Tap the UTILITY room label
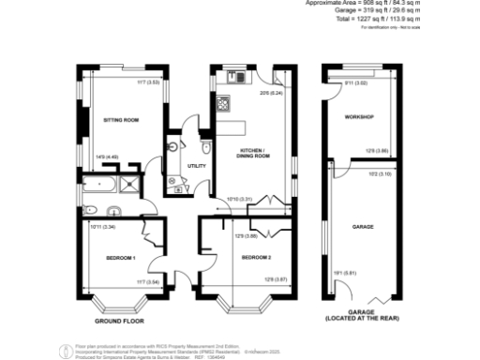pyautogui.click(x=198, y=165)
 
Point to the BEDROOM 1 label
pyautogui.click(x=121, y=257)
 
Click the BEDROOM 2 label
pyautogui.click(x=255, y=257)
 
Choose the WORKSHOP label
pyautogui.click(x=359, y=117)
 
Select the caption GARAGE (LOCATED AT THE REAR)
pyautogui.click(x=363, y=316)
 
